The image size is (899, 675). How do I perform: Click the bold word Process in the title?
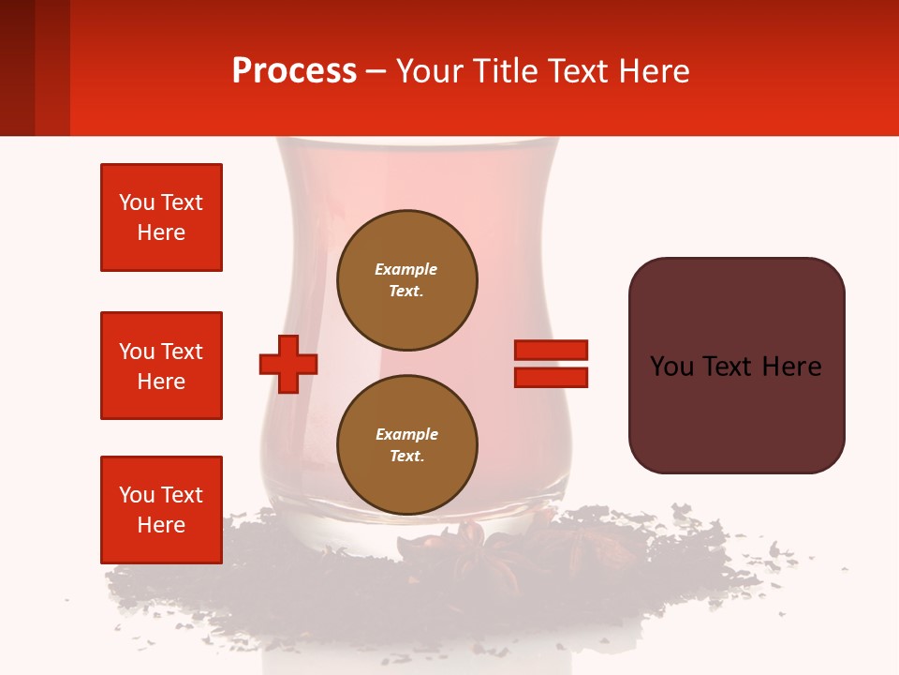point(294,71)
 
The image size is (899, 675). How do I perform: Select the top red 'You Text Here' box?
point(161,217)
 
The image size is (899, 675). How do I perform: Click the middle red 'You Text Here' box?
point(161,366)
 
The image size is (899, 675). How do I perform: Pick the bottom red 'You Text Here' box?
point(161,510)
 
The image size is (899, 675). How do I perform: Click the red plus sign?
point(288,363)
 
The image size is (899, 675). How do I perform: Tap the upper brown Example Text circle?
point(406,280)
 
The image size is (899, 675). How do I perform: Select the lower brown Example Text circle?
point(406,445)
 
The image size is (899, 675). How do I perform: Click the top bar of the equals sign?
point(551,350)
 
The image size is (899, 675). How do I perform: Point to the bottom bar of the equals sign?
point(551,377)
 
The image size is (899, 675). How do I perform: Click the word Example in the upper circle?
point(406,269)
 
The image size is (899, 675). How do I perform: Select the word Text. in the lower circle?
point(406,457)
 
